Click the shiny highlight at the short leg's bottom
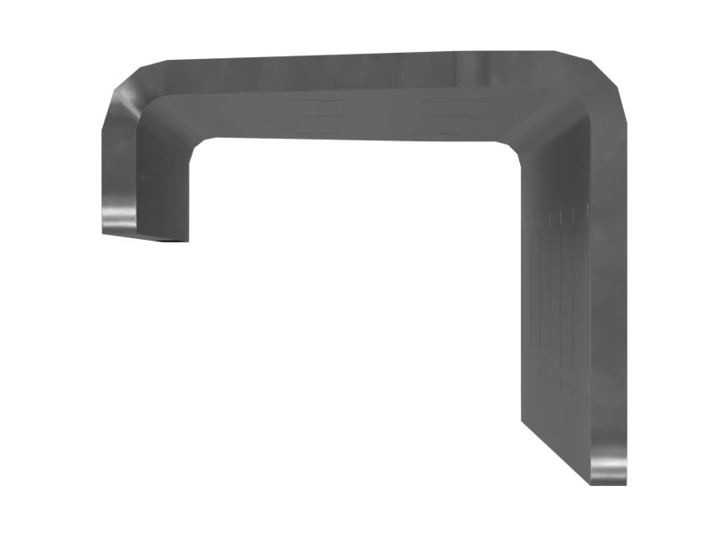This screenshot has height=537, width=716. pos(118,215)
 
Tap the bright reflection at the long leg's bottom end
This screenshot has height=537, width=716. pos(609,466)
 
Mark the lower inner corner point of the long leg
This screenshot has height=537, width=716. pos(521,421)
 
